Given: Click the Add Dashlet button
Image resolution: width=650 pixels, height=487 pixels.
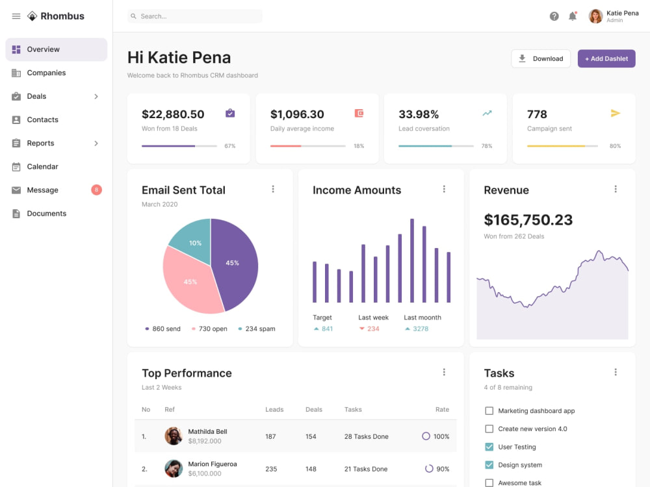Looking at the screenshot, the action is [606, 59].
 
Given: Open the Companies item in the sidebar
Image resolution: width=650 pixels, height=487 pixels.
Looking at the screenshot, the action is [46, 73].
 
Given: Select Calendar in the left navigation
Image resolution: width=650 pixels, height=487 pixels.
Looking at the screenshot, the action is [42, 166].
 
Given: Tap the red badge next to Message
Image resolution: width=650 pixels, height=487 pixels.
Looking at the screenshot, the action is [96, 190].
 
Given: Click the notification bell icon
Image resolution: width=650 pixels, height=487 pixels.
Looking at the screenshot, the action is [573, 16].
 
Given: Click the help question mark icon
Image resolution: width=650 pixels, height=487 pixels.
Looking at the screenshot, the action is [554, 16].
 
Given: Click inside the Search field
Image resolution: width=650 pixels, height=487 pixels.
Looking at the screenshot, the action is [195, 16].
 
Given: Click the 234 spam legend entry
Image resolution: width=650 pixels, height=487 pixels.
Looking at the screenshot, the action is [257, 329].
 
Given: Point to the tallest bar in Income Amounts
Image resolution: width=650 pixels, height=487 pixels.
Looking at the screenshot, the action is [412, 260].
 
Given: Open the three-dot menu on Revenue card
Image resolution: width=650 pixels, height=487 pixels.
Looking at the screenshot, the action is [616, 189].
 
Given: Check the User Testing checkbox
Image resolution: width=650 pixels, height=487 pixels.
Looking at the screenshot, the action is [489, 447].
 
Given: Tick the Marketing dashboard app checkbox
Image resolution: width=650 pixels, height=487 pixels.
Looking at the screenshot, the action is [489, 411].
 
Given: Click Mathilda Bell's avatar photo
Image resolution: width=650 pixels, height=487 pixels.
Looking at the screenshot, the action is [174, 436].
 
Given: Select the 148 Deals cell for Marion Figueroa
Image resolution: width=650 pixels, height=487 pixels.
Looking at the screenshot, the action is [311, 469].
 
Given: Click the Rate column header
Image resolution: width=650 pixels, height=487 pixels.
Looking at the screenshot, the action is [442, 409].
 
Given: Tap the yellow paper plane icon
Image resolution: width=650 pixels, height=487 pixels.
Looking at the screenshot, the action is [615, 113].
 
